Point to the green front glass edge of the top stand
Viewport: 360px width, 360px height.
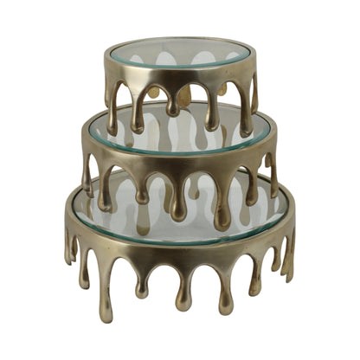pyautogui.click(x=180, y=69)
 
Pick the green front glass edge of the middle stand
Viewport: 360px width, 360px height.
pyautogui.click(x=180, y=146)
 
